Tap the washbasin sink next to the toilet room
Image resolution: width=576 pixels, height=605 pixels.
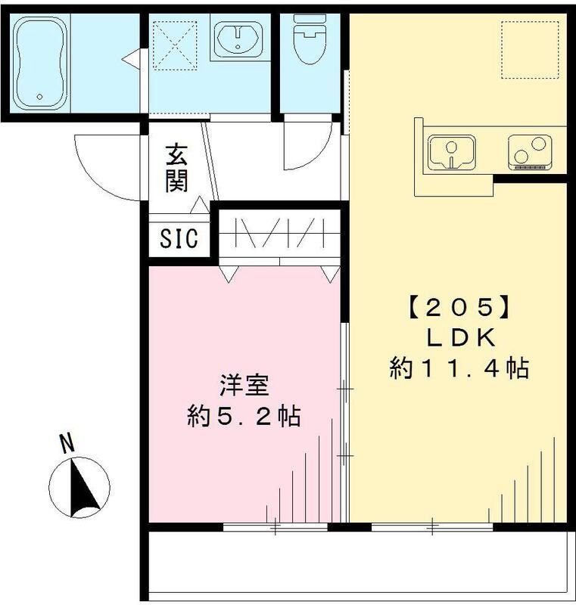coord(238,39)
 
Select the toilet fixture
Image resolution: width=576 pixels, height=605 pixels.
coord(307,39)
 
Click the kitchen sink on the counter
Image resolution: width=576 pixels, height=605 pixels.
coord(451,152)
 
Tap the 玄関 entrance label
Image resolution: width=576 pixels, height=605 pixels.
coord(177,169)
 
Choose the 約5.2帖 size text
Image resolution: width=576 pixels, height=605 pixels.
coord(244,416)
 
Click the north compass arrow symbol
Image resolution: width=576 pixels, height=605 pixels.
coord(79,488)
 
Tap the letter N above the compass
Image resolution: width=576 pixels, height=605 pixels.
coord(67,443)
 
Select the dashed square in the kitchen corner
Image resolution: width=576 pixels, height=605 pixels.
coord(530,50)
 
